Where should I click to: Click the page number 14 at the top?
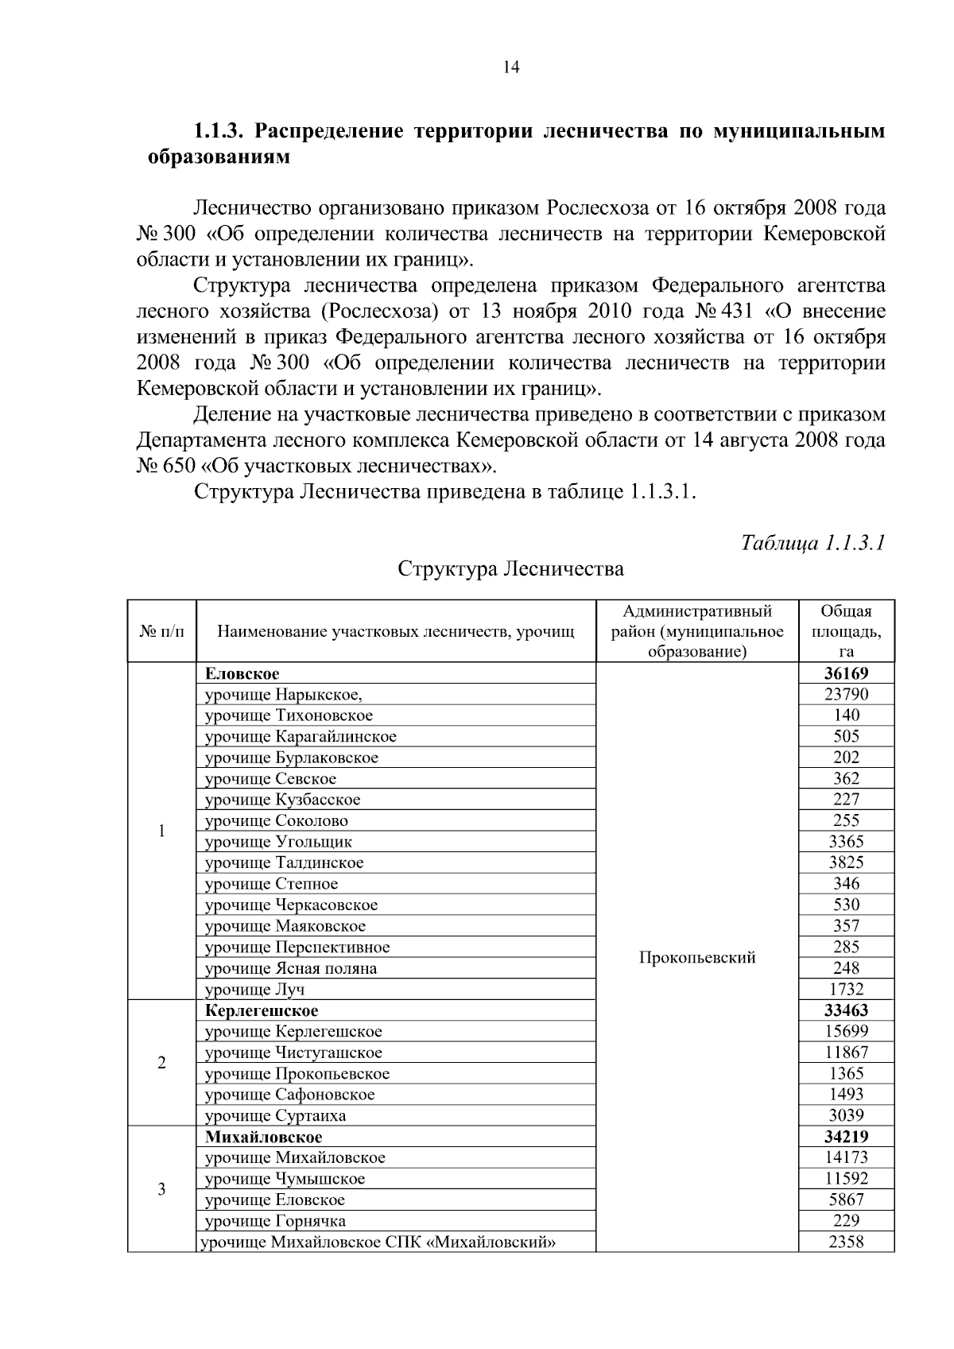tap(511, 68)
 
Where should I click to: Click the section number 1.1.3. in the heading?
tap(219, 131)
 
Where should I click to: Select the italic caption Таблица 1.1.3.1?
tap(812, 543)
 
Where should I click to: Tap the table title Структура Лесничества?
tap(510, 569)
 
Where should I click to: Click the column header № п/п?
tap(161, 632)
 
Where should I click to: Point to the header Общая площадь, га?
tap(846, 632)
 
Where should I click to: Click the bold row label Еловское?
tap(242, 674)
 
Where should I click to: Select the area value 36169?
tap(846, 674)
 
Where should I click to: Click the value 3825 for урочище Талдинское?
tap(846, 863)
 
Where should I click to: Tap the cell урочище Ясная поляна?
tap(291, 968)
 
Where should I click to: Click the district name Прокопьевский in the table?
tap(697, 958)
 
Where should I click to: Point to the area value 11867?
tap(846, 1052)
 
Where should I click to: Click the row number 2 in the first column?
tap(161, 1063)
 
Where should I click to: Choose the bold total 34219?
tap(846, 1137)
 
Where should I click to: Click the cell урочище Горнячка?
tap(275, 1221)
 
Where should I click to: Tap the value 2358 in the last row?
tap(846, 1242)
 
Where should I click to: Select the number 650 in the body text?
tap(178, 467)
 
